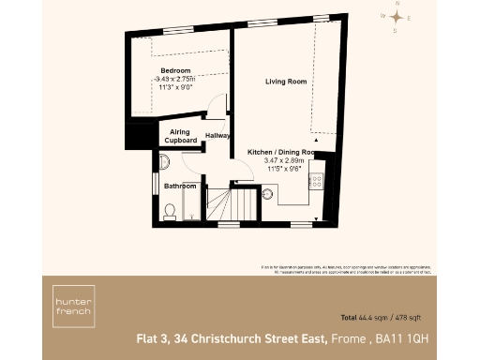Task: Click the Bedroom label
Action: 175,71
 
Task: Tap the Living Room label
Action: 286,82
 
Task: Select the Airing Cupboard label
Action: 181,136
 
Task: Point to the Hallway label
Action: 219,136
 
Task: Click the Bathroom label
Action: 181,186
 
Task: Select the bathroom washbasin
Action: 165,161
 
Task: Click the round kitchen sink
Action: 267,195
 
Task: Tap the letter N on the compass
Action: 397,5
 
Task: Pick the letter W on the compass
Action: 382,16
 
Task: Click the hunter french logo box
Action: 72,307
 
